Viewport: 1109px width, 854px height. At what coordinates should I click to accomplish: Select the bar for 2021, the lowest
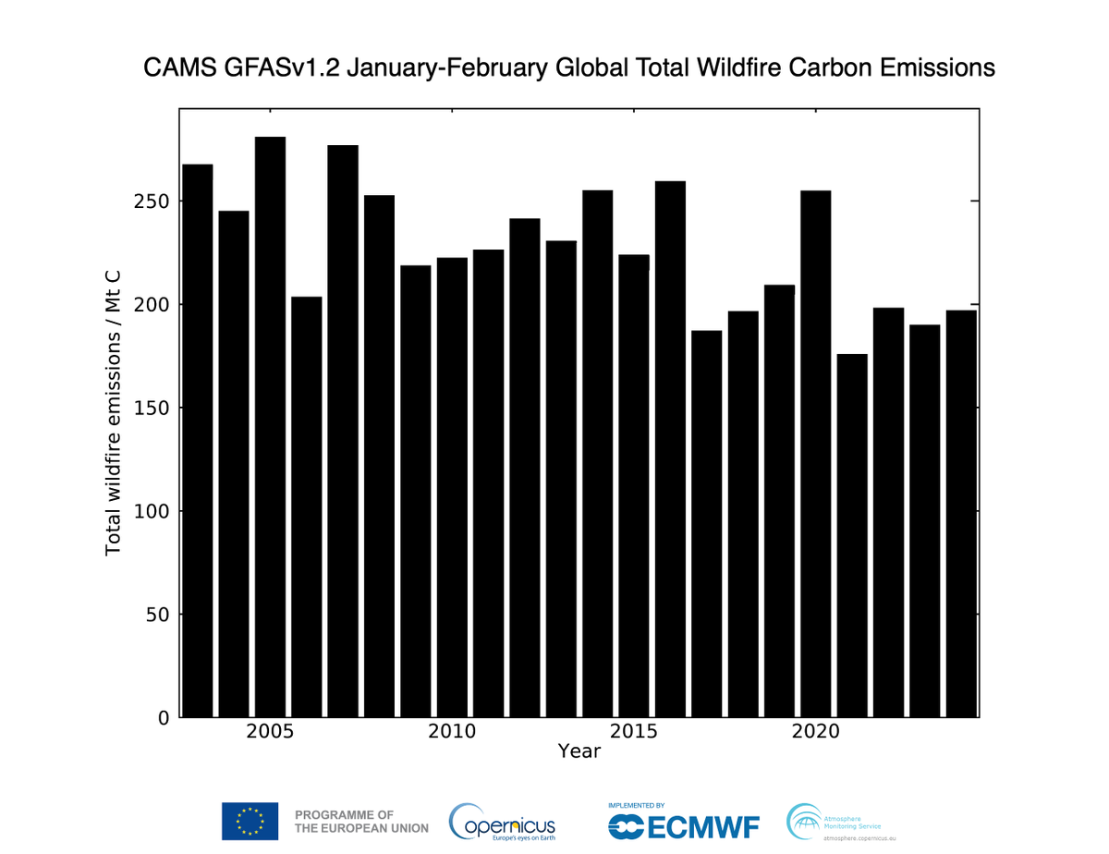tap(851, 535)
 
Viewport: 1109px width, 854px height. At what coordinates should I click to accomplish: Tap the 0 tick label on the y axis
tap(164, 717)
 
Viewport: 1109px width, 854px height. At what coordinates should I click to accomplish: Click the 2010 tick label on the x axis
tap(452, 732)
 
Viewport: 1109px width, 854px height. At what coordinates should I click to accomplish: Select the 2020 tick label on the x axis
tap(815, 732)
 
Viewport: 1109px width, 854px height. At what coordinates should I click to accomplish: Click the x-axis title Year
tap(579, 751)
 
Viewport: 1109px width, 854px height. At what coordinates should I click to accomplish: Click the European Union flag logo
tap(250, 821)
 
